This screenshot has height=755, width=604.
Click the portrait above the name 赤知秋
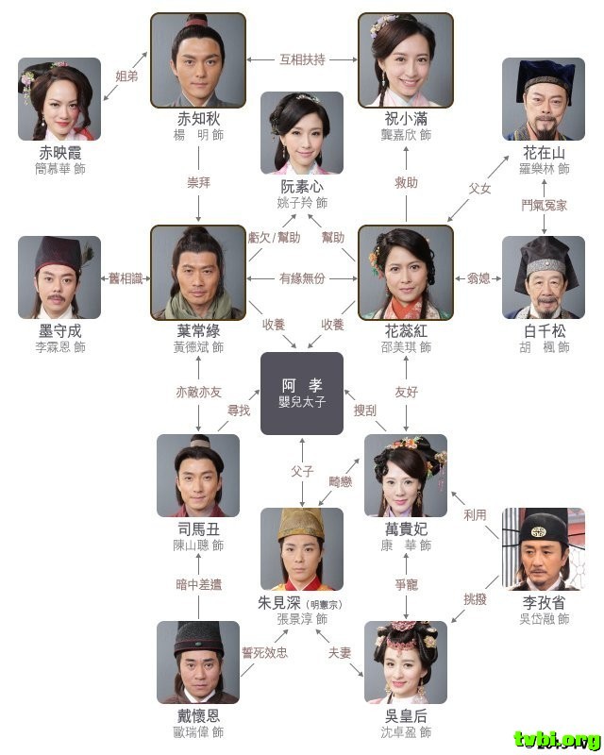click(198, 59)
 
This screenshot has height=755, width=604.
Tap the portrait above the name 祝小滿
click(407, 59)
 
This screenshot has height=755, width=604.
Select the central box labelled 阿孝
click(301, 394)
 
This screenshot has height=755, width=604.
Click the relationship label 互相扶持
click(302, 59)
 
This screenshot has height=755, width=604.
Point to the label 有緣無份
click(302, 278)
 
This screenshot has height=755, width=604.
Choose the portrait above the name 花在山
click(544, 99)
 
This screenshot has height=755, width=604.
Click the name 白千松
click(544, 331)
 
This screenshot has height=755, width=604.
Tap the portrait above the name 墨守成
click(59, 277)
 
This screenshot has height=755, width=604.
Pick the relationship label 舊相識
click(126, 278)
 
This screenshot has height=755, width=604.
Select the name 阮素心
click(302, 186)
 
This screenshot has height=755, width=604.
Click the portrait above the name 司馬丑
click(198, 476)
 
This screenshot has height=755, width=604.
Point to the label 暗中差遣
click(198, 584)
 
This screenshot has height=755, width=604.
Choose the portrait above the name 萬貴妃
click(406, 476)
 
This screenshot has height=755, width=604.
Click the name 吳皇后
click(407, 714)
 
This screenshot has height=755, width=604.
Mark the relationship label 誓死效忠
click(264, 652)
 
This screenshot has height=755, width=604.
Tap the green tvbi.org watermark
click(557, 737)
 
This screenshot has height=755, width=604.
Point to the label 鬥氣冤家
click(545, 205)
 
